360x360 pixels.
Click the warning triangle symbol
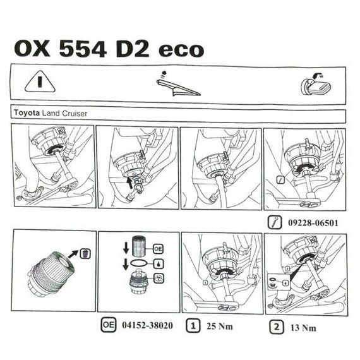[40, 82]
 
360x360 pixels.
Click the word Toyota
[27, 112]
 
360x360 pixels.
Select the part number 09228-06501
[313, 223]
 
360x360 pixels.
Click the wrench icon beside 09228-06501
[275, 222]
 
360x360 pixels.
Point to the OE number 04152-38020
[147, 325]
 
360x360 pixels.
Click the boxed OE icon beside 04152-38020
[109, 325]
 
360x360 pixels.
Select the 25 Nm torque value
[220, 327]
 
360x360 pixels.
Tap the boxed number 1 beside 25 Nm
[193, 325]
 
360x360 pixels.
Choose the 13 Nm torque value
[303, 328]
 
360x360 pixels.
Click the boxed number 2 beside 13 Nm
[277, 327]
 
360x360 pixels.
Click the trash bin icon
[85, 254]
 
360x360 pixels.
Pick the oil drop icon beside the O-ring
[159, 264]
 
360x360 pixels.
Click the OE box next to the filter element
[158, 249]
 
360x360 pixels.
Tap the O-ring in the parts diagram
[139, 263]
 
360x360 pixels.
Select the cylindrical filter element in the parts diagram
[139, 246]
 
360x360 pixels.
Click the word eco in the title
[181, 51]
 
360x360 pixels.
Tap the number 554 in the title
[83, 49]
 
